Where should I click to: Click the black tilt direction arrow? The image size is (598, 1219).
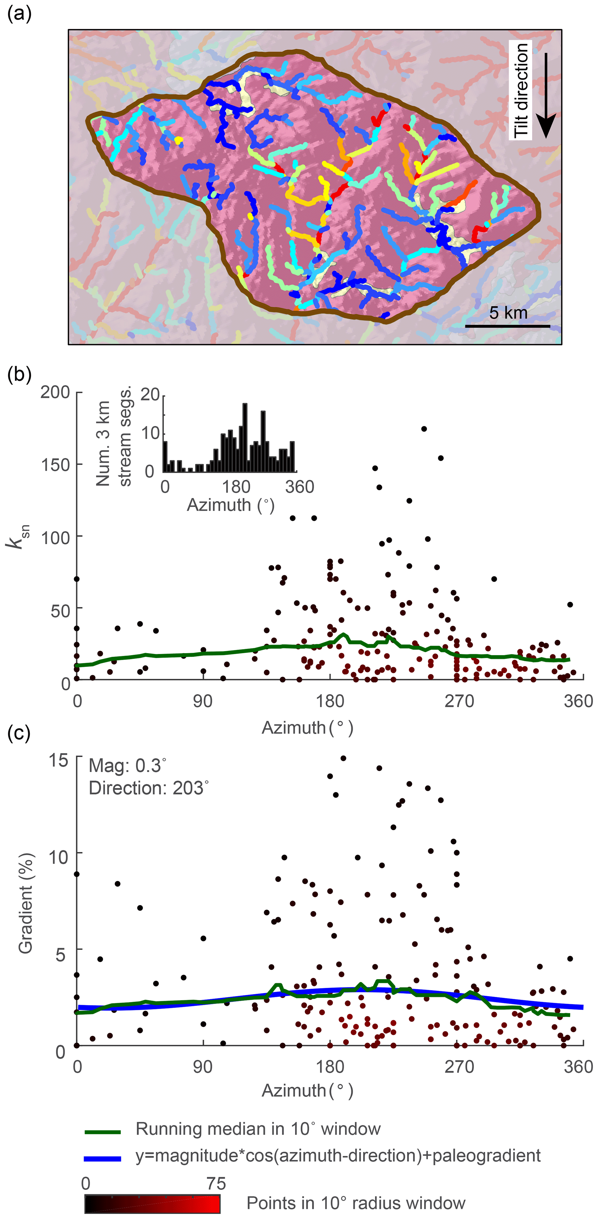point(545,95)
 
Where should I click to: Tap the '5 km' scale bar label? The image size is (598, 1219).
point(508,313)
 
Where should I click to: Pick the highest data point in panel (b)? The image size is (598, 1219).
point(424,429)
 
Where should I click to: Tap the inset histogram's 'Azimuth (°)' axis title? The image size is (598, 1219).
point(231,505)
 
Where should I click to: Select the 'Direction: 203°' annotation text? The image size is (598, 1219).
point(148,788)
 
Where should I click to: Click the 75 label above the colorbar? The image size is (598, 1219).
point(216,1183)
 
